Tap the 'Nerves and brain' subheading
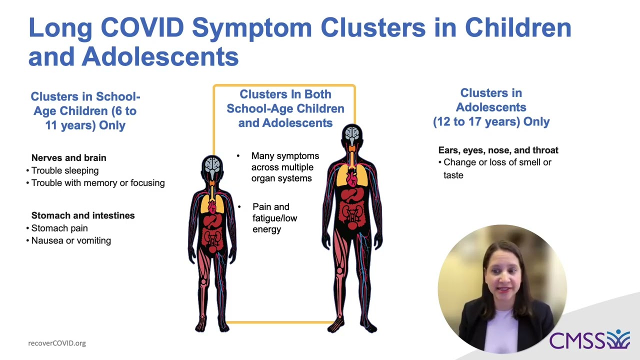pyautogui.click(x=68, y=157)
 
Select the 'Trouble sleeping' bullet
pyautogui.click(x=64, y=170)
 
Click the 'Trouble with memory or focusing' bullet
pyautogui.click(x=97, y=183)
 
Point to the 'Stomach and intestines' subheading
pyautogui.click(x=82, y=215)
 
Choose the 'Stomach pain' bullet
pyautogui.click(x=59, y=228)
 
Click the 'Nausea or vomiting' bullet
pyautogui.click(x=70, y=240)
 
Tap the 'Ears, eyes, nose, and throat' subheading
pyautogui.click(x=498, y=150)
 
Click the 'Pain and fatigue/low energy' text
pyautogui.click(x=274, y=218)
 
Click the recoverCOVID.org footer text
pyautogui.click(x=57, y=343)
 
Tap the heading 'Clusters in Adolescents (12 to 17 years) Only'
pyautogui.click(x=491, y=107)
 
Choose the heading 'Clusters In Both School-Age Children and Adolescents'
pyautogui.click(x=285, y=108)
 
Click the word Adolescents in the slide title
pyautogui.click(x=160, y=56)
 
